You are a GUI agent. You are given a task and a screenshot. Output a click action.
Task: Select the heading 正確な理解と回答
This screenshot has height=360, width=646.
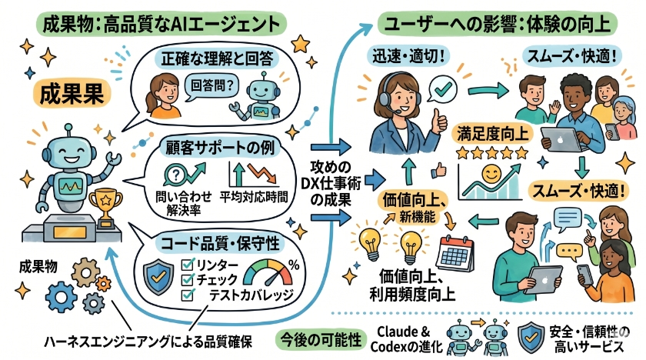[x=215, y=57]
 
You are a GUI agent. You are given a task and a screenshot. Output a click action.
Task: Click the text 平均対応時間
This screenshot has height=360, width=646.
[x=254, y=195]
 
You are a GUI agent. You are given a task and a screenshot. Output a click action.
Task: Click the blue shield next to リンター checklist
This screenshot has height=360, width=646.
[x=159, y=275]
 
